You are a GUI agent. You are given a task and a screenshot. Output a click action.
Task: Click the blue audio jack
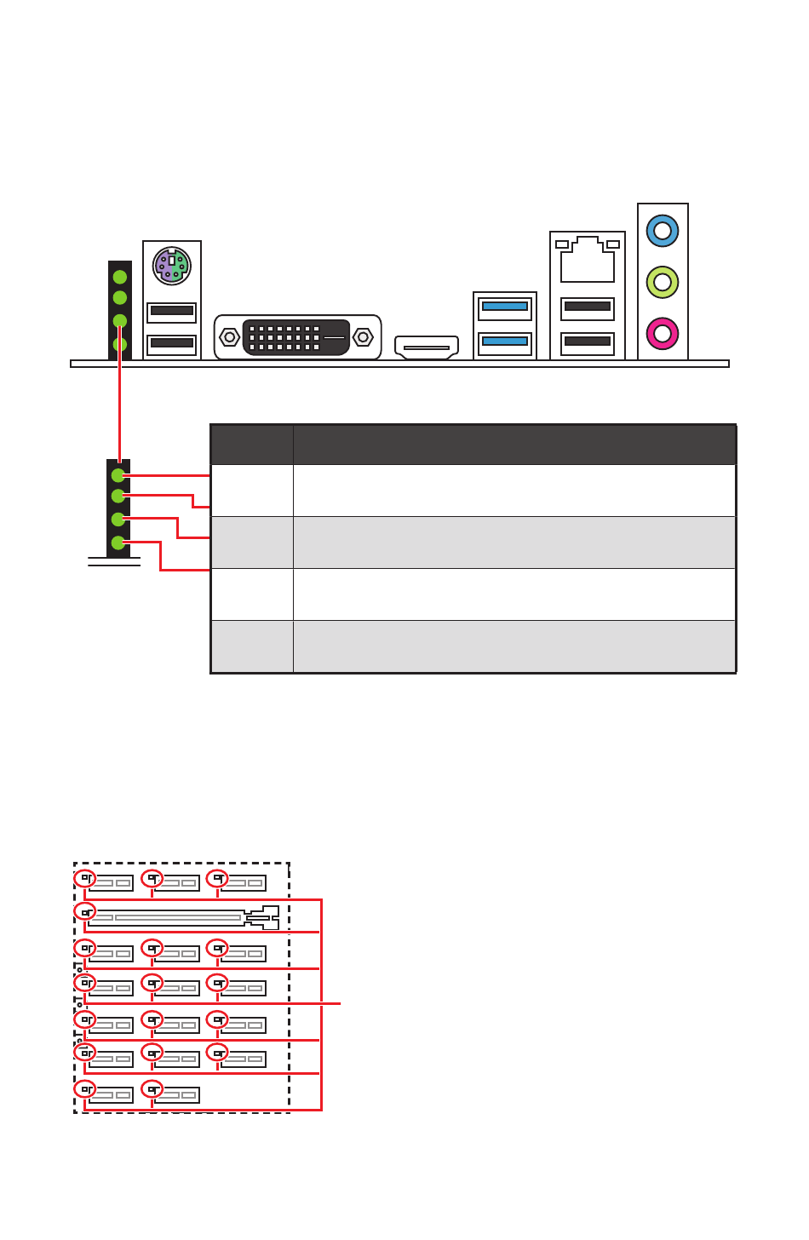[663, 231]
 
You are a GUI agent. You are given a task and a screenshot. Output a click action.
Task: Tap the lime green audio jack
[663, 282]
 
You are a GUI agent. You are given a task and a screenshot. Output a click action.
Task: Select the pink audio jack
[663, 333]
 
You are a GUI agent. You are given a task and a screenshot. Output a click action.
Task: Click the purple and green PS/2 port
[172, 266]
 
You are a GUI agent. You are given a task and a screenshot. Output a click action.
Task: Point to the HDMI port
[427, 347]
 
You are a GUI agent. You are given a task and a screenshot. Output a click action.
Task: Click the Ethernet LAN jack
[588, 260]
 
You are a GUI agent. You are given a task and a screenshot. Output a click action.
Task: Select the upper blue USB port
[505, 307]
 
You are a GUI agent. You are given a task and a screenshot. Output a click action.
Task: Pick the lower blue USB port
[505, 342]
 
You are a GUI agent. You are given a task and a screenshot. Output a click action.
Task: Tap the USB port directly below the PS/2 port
[172, 311]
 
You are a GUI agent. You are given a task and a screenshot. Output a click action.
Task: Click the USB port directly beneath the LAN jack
[588, 307]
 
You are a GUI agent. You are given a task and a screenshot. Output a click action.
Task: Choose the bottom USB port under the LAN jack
[588, 342]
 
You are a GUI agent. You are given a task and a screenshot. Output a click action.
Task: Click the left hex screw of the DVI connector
[229, 337]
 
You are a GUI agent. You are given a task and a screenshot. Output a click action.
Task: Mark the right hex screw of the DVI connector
[364, 337]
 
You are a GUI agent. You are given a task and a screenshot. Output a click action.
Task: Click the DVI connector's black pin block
[295, 337]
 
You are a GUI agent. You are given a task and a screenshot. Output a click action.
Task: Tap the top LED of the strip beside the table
[118, 475]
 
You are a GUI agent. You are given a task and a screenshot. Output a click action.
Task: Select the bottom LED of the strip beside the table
[118, 542]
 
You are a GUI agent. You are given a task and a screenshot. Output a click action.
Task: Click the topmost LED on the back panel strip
[120, 277]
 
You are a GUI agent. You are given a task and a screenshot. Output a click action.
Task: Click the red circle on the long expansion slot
[84, 912]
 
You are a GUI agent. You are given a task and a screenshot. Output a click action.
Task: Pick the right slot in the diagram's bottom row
[176, 1095]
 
